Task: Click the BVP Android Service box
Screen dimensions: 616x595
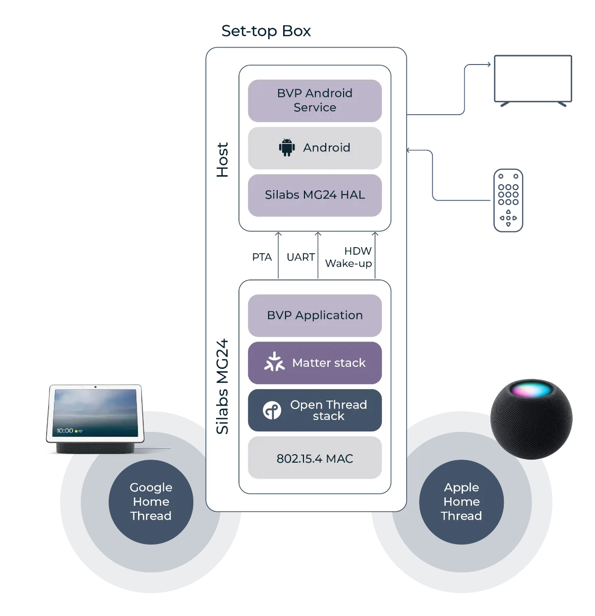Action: tap(314, 101)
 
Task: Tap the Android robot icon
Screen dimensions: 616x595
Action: tap(287, 148)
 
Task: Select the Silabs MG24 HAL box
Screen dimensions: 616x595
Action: tap(314, 195)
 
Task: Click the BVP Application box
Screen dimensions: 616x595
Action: tap(314, 316)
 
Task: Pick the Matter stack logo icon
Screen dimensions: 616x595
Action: tap(274, 362)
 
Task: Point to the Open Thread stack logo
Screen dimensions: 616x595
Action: tap(272, 411)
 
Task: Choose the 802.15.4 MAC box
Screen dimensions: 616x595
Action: tap(314, 458)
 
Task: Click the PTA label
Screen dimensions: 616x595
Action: tap(262, 257)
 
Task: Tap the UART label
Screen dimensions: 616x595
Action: tap(300, 257)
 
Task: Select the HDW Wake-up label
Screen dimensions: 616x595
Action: tap(349, 257)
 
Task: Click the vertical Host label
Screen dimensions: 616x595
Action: tap(223, 160)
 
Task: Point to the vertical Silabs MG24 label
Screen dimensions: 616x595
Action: tap(223, 386)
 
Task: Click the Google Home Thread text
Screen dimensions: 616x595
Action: tap(151, 501)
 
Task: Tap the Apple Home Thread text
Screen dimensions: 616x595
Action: tap(461, 501)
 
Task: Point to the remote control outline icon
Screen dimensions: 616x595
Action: tap(507, 200)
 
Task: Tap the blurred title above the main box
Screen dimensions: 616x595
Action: tap(266, 32)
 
